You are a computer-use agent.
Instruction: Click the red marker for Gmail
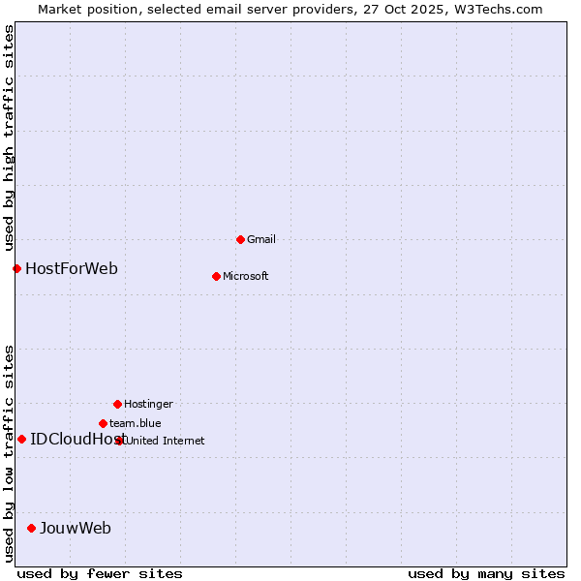coord(240,239)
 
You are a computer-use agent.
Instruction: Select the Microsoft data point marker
coord(216,276)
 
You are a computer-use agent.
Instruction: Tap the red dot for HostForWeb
coord(16,268)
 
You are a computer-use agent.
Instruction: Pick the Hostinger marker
coord(117,404)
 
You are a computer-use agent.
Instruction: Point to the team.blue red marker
coord(103,423)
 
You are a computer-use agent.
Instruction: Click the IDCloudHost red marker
coord(21,439)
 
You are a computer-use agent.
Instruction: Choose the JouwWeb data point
coord(31,528)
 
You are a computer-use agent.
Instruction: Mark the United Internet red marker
coord(120,441)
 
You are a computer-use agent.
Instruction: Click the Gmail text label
coord(261,239)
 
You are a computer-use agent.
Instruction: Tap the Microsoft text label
coord(246,276)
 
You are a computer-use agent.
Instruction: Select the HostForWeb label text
coord(72,268)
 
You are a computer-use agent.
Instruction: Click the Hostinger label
coord(148,404)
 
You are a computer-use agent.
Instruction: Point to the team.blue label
coord(136,423)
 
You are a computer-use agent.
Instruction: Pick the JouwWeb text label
coord(76,528)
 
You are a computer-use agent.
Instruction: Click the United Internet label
coord(166,441)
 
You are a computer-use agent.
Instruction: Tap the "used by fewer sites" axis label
coord(100,573)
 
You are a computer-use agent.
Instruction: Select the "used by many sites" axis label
coord(486,573)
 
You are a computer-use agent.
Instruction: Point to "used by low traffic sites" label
coord(10,452)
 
